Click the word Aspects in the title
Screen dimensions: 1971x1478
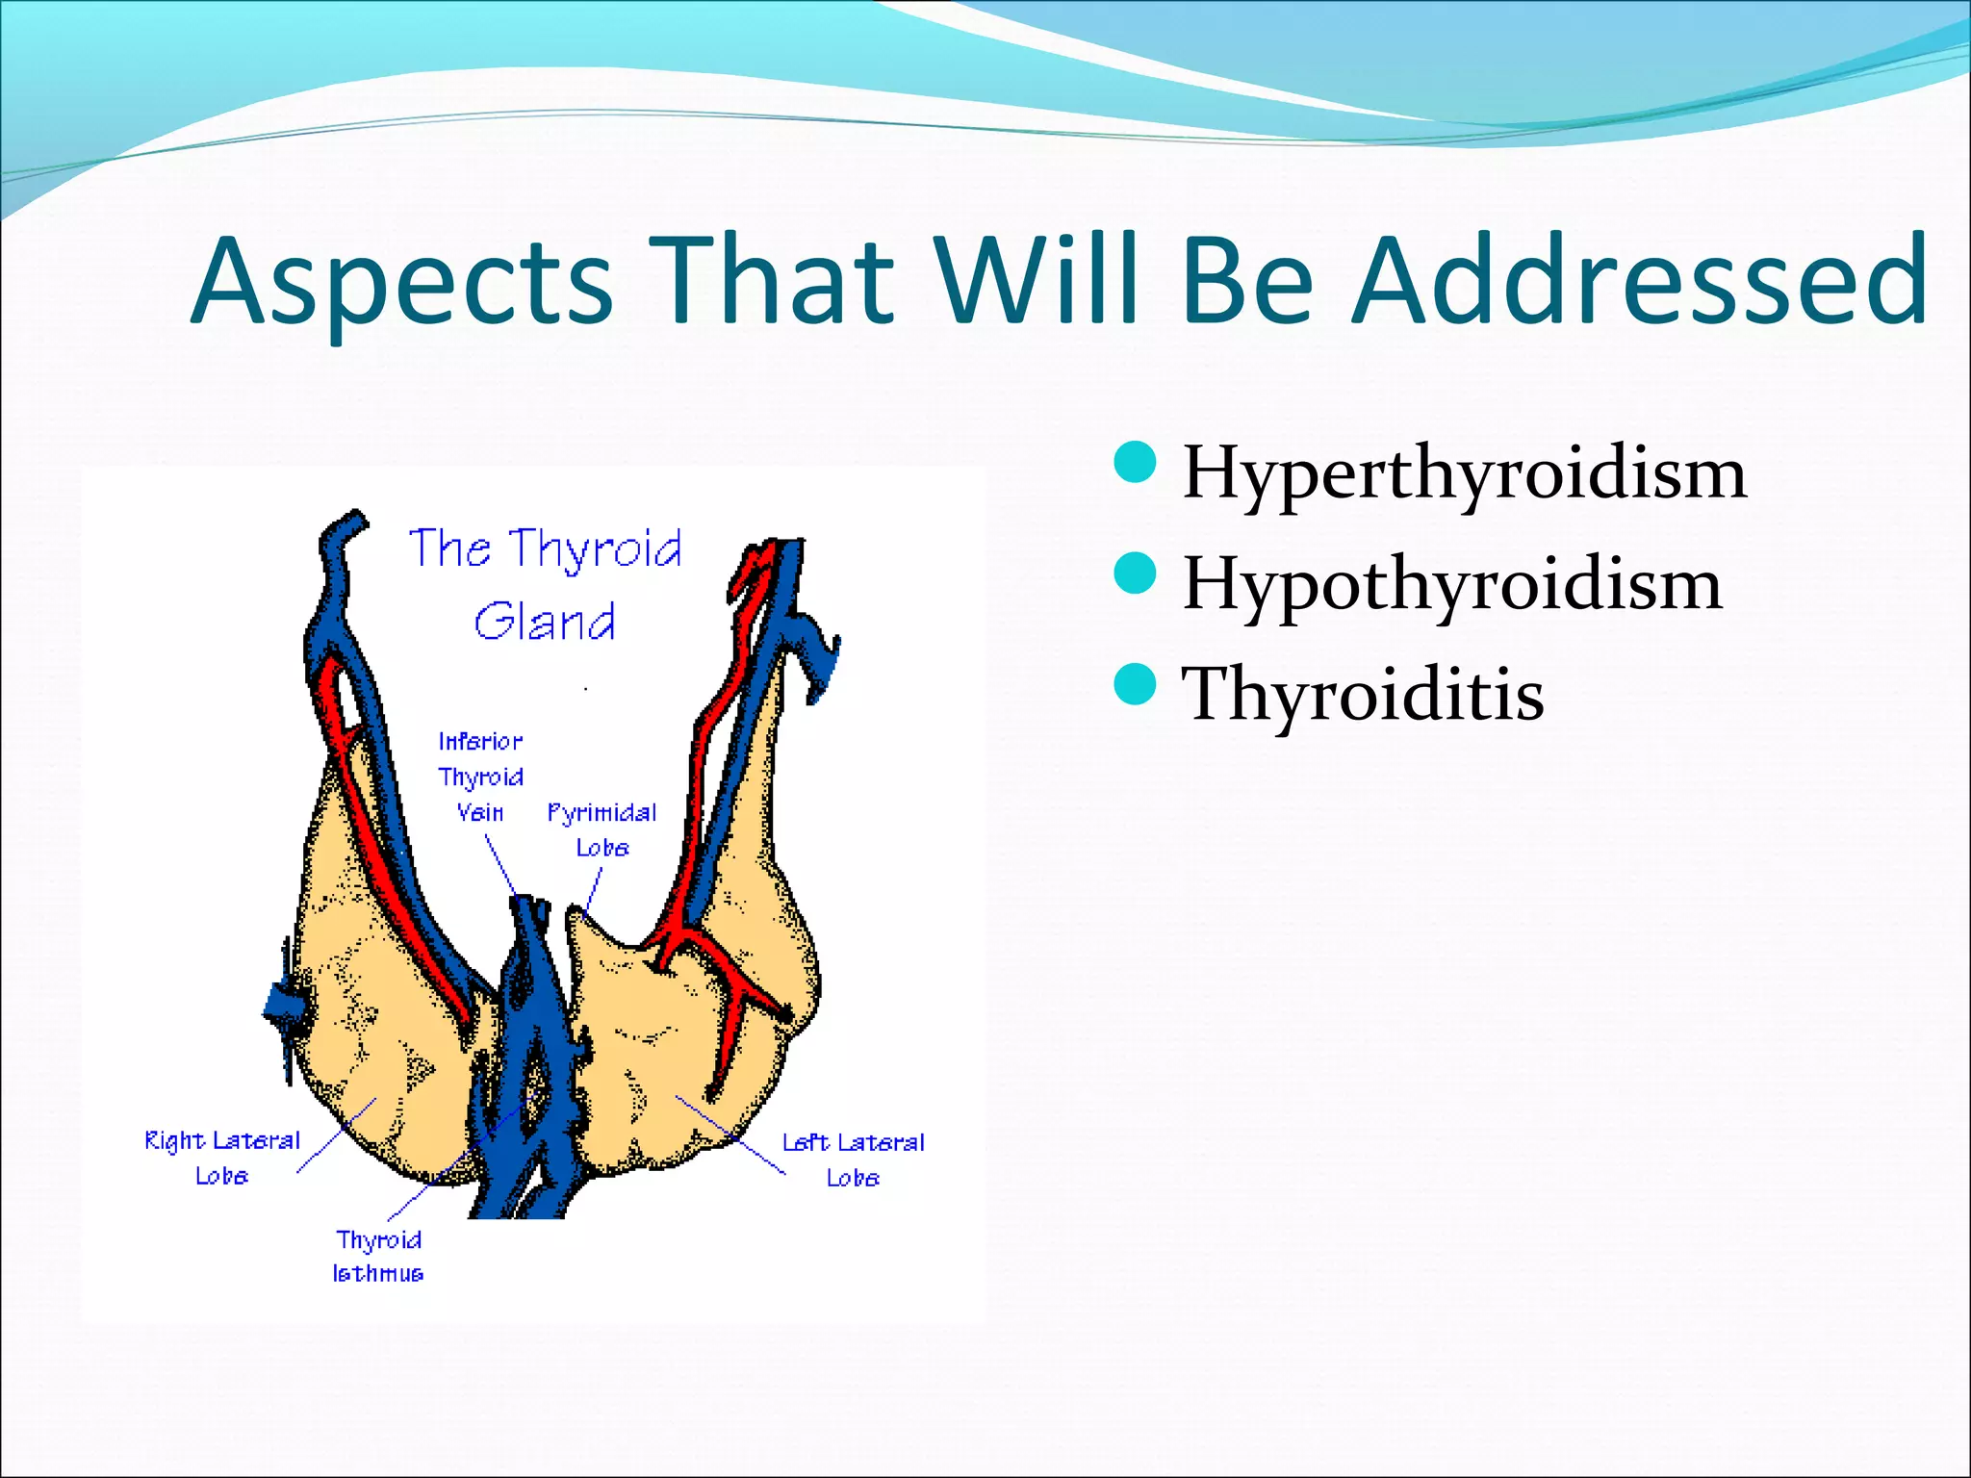[402, 281]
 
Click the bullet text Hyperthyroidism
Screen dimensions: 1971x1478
[1464, 475]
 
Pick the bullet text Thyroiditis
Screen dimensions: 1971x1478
[1363, 694]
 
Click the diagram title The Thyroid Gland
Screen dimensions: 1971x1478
[546, 584]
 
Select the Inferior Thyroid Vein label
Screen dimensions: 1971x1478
[480, 777]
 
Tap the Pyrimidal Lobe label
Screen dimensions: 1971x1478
[602, 829]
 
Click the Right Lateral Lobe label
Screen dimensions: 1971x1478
[222, 1158]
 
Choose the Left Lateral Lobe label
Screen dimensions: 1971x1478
[853, 1159]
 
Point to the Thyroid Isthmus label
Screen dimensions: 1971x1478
[378, 1256]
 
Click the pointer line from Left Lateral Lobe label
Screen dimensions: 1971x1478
[730, 1134]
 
